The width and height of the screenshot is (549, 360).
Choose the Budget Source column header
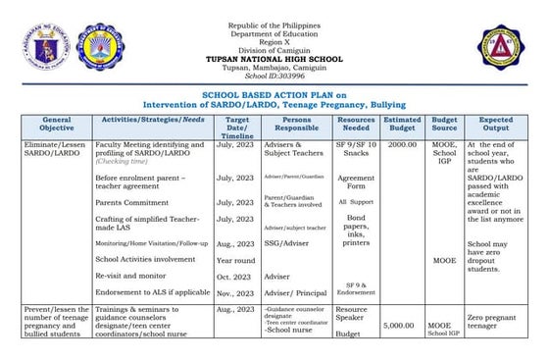pyautogui.click(x=445, y=123)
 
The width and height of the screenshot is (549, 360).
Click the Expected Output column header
pyautogui.click(x=496, y=123)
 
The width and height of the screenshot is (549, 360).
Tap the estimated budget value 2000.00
pyautogui.click(x=402, y=144)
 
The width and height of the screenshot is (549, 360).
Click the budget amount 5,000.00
pyautogui.click(x=402, y=324)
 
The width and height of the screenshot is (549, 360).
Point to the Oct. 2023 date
pyautogui.click(x=235, y=277)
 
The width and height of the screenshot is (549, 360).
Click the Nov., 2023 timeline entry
pyautogui.click(x=236, y=292)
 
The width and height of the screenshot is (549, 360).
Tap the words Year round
pyautogui.click(x=236, y=260)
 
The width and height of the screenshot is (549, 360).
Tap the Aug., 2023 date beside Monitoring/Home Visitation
pyautogui.click(x=236, y=242)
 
